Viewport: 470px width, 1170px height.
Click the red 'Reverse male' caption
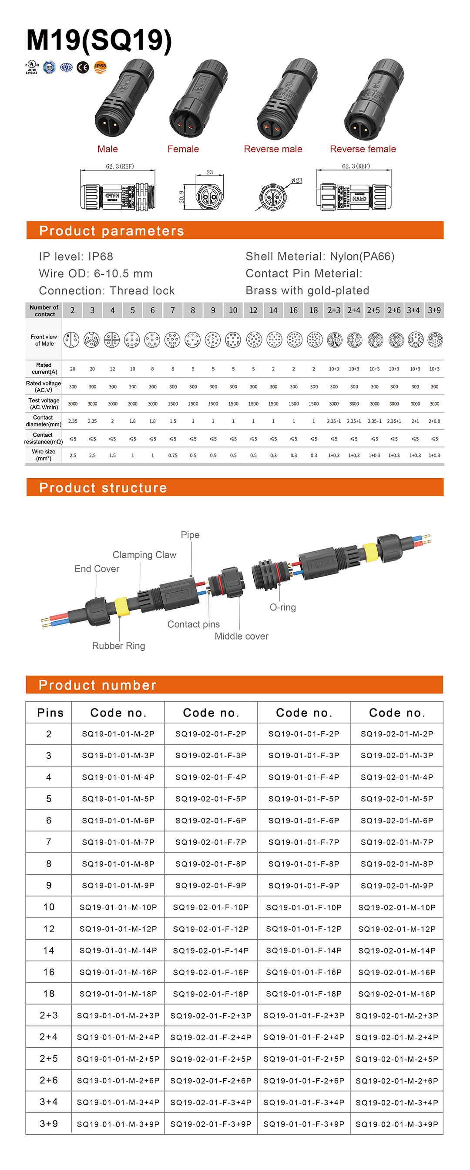click(x=273, y=149)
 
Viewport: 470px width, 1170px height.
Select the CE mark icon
click(x=83, y=68)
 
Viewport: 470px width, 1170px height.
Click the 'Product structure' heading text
click(x=103, y=488)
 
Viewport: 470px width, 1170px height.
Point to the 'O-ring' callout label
click(x=283, y=607)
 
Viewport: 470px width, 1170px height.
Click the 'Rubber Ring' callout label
click(x=119, y=646)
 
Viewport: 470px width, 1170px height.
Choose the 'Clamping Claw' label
click(x=144, y=555)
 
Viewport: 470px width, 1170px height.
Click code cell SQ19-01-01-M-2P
click(x=118, y=734)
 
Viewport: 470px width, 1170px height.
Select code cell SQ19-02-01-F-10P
click(x=211, y=907)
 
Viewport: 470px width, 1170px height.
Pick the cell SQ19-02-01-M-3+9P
click(x=397, y=1124)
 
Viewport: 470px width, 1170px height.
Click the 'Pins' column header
click(x=50, y=713)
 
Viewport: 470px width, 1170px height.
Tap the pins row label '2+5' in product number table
click(x=49, y=1059)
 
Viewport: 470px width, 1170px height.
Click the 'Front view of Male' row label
click(x=44, y=340)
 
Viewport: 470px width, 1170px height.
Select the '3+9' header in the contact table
click(x=434, y=310)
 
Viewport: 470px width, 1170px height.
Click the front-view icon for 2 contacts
click(x=71, y=340)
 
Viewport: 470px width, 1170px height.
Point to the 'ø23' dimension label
click(x=297, y=181)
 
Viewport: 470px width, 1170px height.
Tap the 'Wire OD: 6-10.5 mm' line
click(x=96, y=273)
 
